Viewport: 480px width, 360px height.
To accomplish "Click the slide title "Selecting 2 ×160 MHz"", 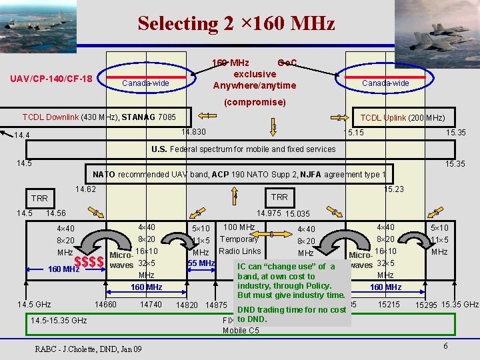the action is [236, 24].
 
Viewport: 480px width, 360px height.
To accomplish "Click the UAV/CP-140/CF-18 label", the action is [51, 79].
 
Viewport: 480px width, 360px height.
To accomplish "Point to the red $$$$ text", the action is [89, 262].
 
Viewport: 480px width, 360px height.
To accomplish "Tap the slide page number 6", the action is [444, 346].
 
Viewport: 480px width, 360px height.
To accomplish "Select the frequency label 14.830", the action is [193, 132].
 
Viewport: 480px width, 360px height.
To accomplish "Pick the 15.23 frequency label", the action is [394, 189].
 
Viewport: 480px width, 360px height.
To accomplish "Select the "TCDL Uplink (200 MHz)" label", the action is [403, 118].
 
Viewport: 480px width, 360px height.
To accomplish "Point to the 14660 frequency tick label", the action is [105, 305].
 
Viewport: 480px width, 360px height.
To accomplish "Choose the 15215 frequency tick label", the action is [388, 305].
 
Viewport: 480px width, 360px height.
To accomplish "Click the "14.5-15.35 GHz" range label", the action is [59, 321].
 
